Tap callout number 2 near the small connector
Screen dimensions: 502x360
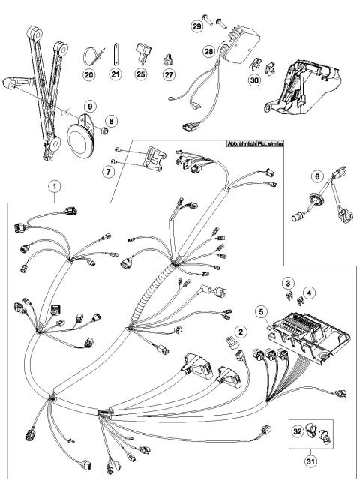(x=241, y=330)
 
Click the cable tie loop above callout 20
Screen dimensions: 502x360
(x=90, y=55)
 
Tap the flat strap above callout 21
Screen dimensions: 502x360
(x=115, y=55)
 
